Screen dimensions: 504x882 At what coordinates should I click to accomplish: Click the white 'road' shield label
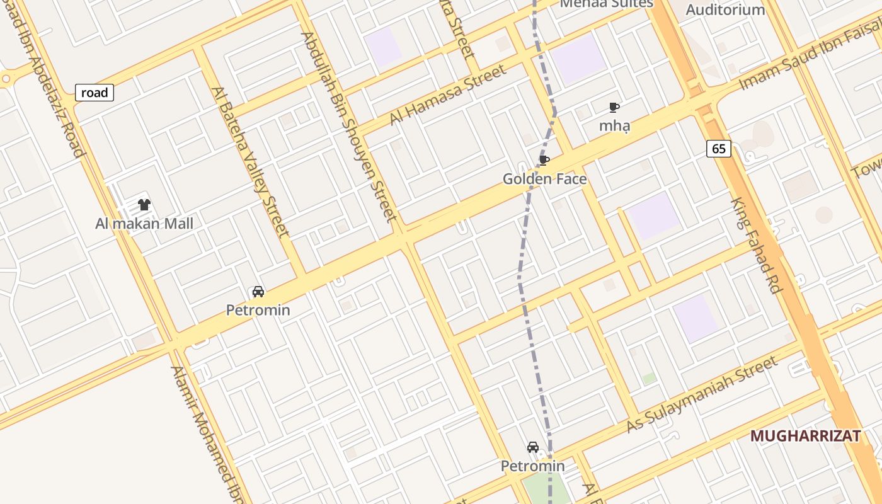(94, 93)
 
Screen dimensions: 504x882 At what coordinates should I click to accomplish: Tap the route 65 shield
(719, 149)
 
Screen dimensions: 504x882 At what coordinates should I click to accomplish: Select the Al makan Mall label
(144, 224)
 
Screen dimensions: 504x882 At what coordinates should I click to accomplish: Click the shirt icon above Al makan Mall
(144, 205)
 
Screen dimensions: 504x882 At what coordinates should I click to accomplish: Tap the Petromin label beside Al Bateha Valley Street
(258, 310)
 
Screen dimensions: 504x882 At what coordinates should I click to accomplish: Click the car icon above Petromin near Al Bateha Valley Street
(258, 292)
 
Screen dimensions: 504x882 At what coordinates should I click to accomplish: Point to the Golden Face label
(544, 179)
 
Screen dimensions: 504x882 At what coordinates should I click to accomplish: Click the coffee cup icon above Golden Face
(544, 160)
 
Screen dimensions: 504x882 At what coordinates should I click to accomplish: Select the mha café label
(614, 125)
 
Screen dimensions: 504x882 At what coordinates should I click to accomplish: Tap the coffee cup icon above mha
(614, 107)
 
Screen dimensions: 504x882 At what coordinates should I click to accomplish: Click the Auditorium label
(725, 9)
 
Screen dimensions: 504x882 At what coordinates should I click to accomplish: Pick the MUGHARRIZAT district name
(805, 436)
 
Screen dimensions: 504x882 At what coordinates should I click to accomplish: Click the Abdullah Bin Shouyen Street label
(350, 126)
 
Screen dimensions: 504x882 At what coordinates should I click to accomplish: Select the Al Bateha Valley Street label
(252, 162)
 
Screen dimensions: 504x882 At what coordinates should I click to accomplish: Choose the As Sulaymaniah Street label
(702, 394)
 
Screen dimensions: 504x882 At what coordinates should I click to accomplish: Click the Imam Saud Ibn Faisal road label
(810, 56)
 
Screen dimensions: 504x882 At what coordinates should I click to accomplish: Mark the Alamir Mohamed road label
(208, 435)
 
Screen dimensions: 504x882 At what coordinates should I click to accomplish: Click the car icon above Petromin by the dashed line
(533, 447)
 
